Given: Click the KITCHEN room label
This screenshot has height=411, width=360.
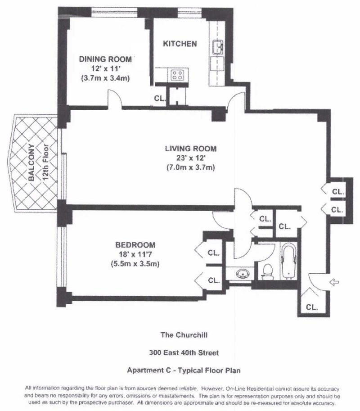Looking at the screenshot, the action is pos(180,44).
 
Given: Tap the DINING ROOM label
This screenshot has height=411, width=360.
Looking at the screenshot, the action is pos(105,59).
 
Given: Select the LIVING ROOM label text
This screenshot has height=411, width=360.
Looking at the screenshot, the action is pos(190,149).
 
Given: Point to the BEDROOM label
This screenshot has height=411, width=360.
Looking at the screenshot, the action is pos(135,245).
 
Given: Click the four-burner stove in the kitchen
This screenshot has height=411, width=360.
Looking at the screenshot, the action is pos(177,75).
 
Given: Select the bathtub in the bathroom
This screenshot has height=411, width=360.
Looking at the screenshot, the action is pos(288,262).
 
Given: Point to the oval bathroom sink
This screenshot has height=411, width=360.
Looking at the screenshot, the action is pos(243,273).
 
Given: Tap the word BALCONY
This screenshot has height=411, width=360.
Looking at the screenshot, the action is pos(31,162).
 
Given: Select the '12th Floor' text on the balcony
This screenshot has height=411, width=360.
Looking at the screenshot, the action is pos(45,162).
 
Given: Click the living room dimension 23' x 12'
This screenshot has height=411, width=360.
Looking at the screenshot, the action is pos(190,158).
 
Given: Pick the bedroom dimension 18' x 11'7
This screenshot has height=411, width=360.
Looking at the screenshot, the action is pos(135,254).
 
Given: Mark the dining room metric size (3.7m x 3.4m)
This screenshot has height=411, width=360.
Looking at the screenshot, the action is pos(105,77).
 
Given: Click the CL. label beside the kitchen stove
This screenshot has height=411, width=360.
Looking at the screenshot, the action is pos(160,98).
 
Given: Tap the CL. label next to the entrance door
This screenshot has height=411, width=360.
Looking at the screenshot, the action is pos(312,308).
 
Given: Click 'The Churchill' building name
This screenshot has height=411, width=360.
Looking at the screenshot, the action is pos(180,335).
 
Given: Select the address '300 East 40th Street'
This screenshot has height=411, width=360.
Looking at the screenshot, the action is pos(180,353).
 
